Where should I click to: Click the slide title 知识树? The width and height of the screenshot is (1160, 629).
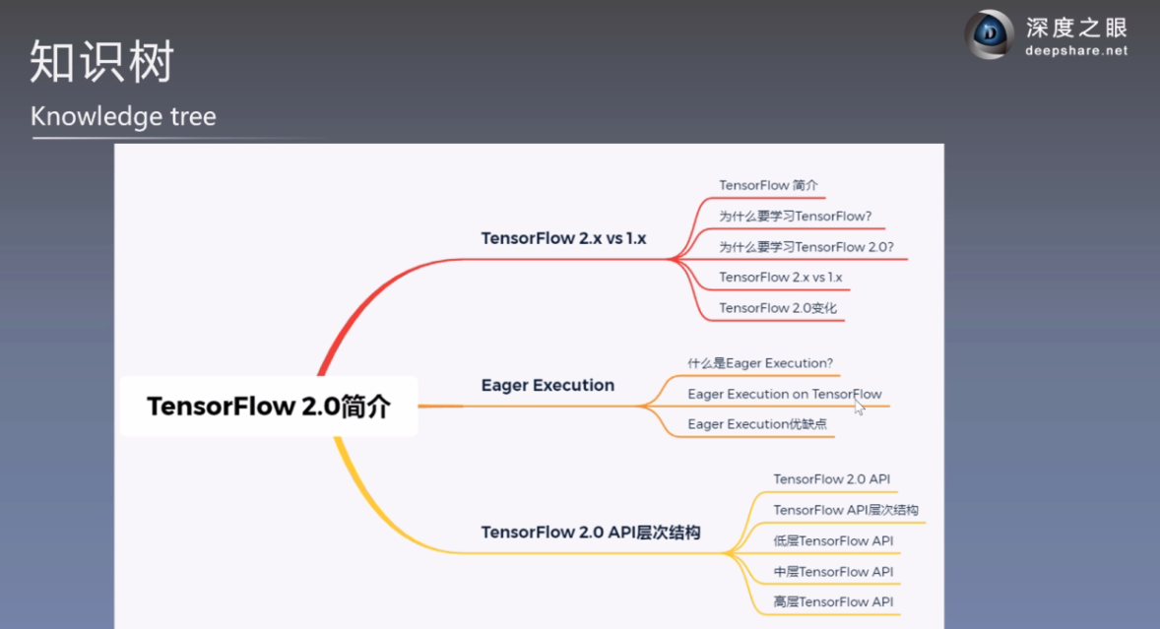click(x=102, y=61)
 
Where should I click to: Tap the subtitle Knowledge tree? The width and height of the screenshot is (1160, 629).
click(x=123, y=116)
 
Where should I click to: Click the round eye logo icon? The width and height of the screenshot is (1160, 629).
click(x=989, y=33)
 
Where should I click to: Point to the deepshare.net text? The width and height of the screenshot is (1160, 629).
click(x=1076, y=51)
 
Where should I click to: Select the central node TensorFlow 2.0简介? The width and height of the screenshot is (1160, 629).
click(x=269, y=406)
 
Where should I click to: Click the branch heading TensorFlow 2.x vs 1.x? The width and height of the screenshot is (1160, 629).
click(x=563, y=238)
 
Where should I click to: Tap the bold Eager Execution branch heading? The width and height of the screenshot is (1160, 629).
click(x=548, y=385)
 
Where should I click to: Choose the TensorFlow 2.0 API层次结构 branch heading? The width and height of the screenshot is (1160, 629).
click(x=591, y=533)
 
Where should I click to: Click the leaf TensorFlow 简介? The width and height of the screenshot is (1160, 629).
click(x=768, y=185)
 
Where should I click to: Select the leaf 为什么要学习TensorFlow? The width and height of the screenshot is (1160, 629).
click(x=796, y=216)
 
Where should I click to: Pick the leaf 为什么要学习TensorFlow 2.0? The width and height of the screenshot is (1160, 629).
click(x=806, y=247)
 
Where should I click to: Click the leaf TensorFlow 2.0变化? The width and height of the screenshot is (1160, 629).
click(x=778, y=307)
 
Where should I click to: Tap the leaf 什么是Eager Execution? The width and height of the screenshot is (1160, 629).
click(x=760, y=363)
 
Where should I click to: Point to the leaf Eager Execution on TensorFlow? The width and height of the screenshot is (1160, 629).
click(x=784, y=394)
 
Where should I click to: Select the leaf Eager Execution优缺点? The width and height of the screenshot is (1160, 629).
click(x=757, y=423)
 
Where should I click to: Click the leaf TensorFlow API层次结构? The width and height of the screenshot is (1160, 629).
click(x=846, y=510)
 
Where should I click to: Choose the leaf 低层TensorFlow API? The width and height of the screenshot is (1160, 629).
click(x=833, y=541)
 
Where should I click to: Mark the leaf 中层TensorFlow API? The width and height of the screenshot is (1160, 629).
click(x=833, y=571)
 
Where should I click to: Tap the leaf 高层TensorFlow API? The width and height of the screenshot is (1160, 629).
click(x=833, y=601)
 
